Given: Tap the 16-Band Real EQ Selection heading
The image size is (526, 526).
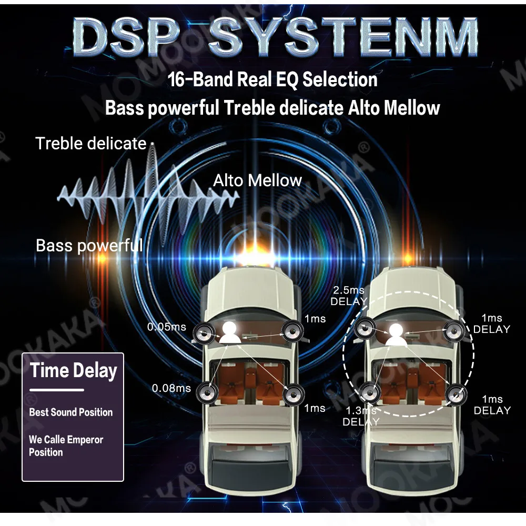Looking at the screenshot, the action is pyautogui.click(x=272, y=80).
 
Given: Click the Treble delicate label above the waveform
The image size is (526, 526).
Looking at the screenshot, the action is pyautogui.click(x=90, y=143).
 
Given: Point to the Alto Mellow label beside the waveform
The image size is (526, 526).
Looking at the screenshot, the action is pyautogui.click(x=257, y=181).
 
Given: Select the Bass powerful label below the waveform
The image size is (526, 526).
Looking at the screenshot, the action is pyautogui.click(x=89, y=245).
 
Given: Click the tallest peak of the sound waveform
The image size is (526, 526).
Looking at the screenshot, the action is pyautogui.click(x=153, y=158).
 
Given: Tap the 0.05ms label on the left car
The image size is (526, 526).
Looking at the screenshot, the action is pyautogui.click(x=166, y=327).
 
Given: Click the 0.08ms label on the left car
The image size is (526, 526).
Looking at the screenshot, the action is pyautogui.click(x=171, y=388).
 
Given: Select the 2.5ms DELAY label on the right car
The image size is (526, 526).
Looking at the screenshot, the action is pyautogui.click(x=348, y=296).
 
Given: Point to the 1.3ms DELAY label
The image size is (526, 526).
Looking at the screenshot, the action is pyautogui.click(x=361, y=416).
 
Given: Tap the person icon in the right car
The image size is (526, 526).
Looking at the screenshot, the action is pyautogui.click(x=397, y=335).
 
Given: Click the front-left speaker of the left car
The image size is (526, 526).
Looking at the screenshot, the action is pyautogui.click(x=203, y=332).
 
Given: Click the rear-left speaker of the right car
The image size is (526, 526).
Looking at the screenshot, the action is pyautogui.click(x=369, y=392).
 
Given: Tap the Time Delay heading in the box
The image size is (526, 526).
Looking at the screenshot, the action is pyautogui.click(x=73, y=370).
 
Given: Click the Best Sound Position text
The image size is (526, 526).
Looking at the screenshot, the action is pyautogui.click(x=71, y=412).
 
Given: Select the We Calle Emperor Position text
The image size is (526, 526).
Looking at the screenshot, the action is pyautogui.click(x=66, y=446).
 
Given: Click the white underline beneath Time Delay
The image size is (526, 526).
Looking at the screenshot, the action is pyautogui.click(x=57, y=390).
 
